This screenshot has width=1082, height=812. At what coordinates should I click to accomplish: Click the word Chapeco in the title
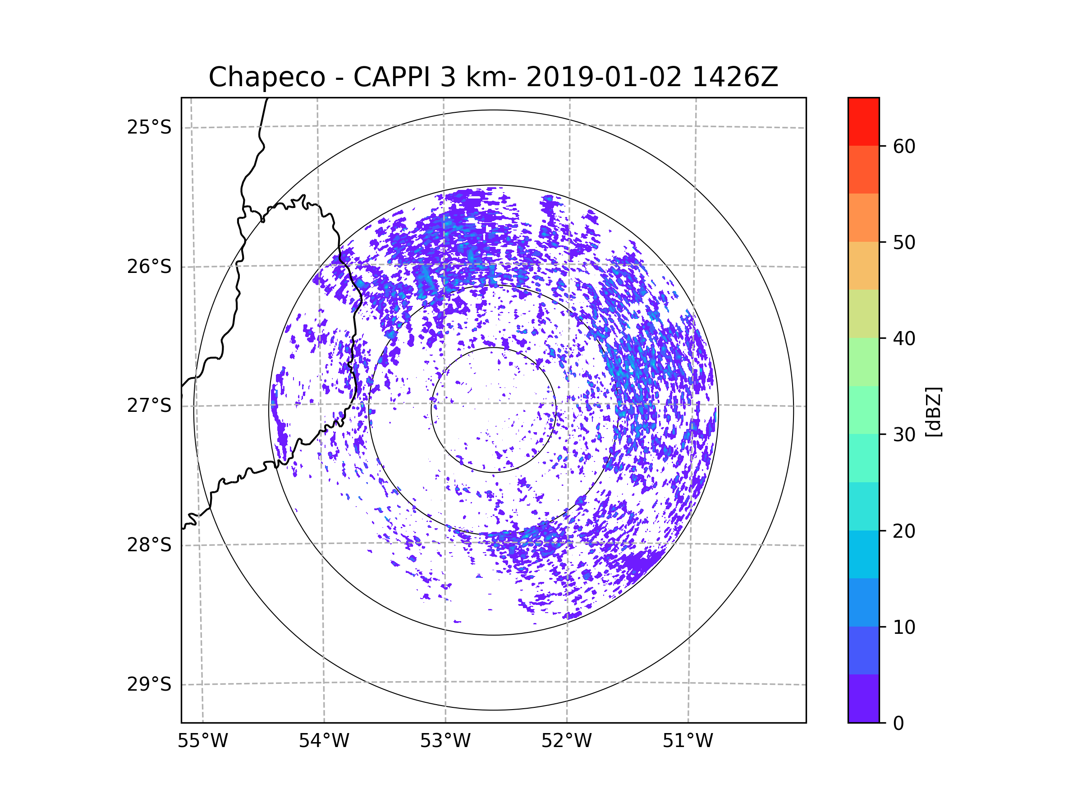point(266,77)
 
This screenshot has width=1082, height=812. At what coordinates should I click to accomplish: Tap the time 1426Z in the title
point(735,77)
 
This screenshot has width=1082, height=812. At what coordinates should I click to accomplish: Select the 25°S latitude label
point(149,127)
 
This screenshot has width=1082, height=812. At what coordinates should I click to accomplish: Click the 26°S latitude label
point(149,267)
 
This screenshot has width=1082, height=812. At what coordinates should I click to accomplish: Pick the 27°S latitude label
point(149,406)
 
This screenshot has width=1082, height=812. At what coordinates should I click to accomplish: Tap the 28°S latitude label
point(149,545)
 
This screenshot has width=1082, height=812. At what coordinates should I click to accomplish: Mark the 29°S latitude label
point(149,684)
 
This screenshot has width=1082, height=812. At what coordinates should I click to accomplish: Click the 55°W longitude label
point(202,741)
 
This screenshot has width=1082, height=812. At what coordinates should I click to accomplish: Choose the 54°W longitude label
point(324,741)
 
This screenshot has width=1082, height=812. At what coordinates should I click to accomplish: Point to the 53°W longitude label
point(445,741)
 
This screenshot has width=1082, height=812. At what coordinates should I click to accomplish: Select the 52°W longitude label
point(566,741)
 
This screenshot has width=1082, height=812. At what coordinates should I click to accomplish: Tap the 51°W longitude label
point(688,741)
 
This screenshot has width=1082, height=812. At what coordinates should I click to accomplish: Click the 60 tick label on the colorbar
point(904,146)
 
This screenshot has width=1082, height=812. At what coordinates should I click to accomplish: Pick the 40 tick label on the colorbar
point(904,339)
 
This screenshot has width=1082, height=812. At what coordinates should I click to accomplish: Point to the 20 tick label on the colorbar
point(904,531)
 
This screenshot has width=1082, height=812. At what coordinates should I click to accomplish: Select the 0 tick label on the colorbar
point(899,724)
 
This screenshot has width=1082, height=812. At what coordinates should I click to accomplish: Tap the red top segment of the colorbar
point(863,121)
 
